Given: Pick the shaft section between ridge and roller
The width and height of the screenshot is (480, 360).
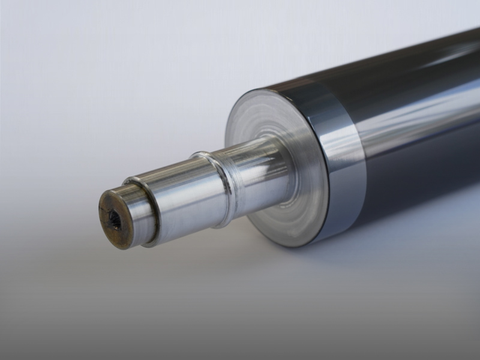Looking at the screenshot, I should point(252,174).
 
